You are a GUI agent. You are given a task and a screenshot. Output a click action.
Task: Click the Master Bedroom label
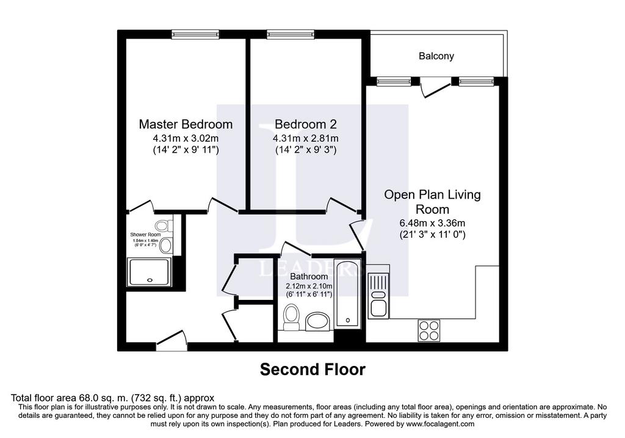186,124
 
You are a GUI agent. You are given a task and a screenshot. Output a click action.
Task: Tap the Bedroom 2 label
306,124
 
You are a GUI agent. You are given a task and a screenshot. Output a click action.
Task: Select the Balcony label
436,56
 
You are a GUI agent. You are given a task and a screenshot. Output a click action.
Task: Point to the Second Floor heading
312,370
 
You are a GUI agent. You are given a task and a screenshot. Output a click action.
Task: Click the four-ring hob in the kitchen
429,330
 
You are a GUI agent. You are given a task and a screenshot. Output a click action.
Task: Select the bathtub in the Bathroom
347,294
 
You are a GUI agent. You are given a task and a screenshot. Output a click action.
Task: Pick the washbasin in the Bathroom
317,321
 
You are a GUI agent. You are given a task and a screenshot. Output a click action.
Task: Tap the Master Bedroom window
195,35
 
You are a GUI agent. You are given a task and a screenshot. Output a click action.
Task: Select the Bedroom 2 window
291,35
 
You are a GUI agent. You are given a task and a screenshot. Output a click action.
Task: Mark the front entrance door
172,341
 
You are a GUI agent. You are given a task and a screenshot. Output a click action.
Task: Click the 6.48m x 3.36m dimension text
433,224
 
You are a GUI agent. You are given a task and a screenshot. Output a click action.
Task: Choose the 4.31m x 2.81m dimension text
306,139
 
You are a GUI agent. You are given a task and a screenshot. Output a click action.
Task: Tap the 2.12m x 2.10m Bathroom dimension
309,286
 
